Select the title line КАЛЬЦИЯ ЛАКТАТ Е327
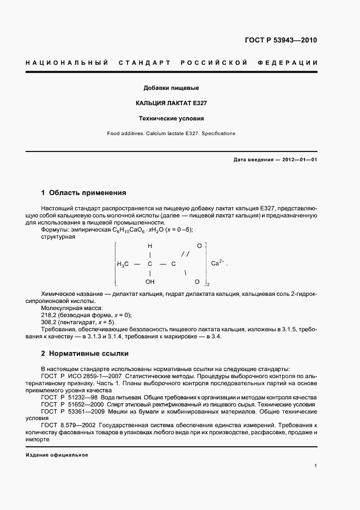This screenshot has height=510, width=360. [170, 102]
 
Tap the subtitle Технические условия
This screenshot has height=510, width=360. [170, 118]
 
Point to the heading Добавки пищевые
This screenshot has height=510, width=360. [170, 88]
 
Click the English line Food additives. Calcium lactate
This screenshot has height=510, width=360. [171, 133]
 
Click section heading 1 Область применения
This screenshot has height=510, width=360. [83, 193]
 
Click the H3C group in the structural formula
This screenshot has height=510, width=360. [123, 264]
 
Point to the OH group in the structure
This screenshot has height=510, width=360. [150, 282]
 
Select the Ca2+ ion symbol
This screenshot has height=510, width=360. [217, 263]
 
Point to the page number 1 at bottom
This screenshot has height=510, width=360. [315, 466]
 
